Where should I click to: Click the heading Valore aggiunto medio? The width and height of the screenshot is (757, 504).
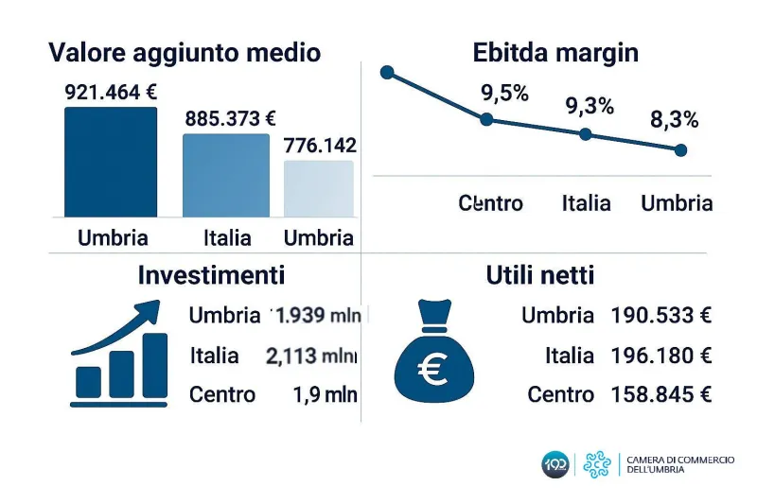[x=185, y=53]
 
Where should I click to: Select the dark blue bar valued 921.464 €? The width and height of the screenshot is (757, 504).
[x=111, y=162]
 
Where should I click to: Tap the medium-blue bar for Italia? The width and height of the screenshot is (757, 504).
[x=225, y=175]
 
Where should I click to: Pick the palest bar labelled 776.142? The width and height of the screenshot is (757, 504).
[x=319, y=188]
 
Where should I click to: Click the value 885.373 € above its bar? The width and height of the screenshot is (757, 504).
[x=230, y=118]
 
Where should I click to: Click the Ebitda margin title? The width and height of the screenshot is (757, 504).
[x=555, y=53]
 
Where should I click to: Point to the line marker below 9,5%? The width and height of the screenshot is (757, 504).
[x=486, y=119]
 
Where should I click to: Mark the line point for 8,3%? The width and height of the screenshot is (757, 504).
[x=680, y=149]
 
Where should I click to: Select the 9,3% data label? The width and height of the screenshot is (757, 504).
[x=590, y=106]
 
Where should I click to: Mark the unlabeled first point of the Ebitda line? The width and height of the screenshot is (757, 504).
[x=386, y=72]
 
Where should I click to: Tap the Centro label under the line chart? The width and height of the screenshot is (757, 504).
[x=490, y=203]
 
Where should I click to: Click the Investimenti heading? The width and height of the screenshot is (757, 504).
[x=211, y=275]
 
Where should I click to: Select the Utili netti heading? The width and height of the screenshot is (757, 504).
[x=540, y=275]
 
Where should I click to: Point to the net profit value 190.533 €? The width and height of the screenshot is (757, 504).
[x=660, y=316]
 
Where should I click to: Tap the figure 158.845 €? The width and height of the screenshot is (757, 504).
[x=660, y=394]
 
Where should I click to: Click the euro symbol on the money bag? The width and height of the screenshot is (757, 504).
[x=434, y=371]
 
